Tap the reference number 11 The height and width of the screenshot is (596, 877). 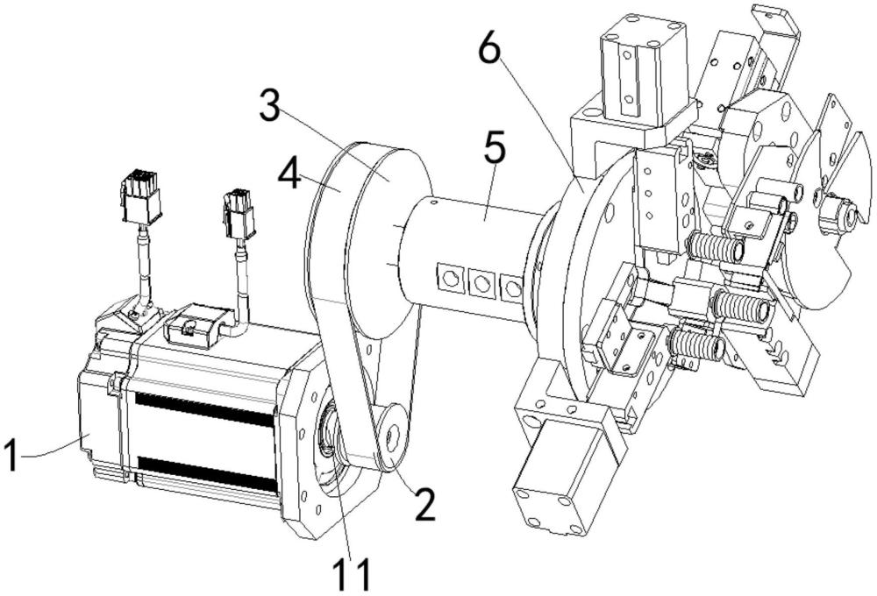(x=352, y=574)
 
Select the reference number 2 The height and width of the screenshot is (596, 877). (x=424, y=506)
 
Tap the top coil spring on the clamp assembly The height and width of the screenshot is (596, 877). (x=715, y=248)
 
